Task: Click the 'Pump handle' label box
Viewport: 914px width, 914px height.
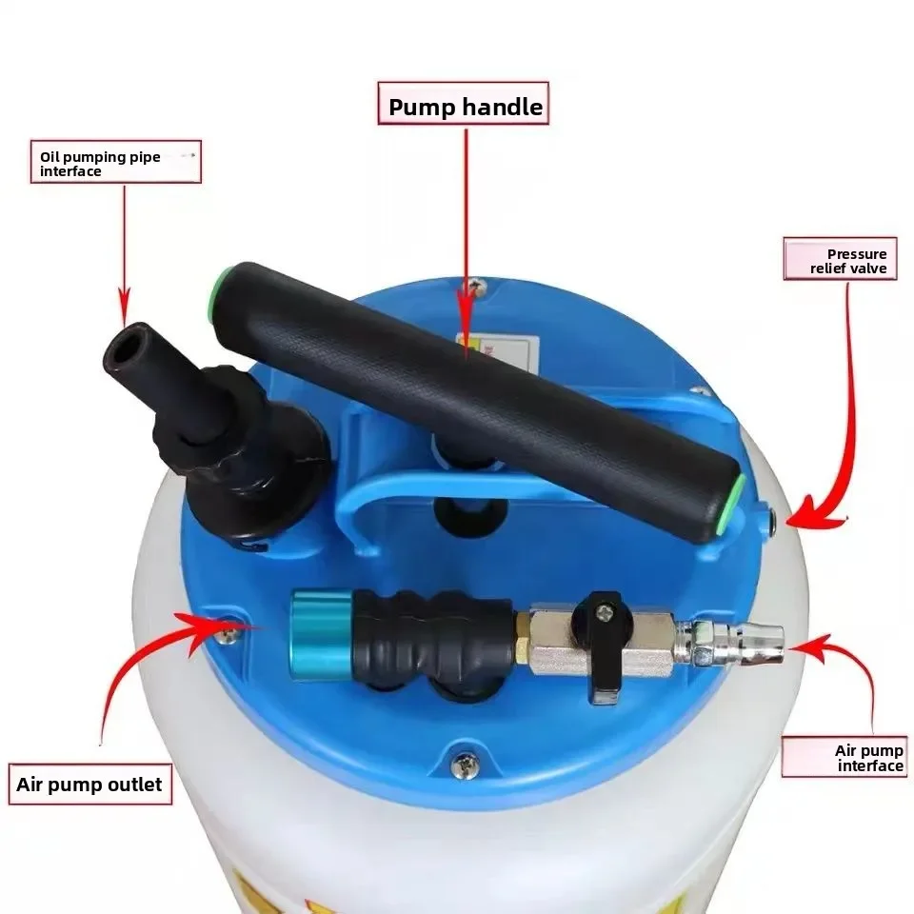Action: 465,107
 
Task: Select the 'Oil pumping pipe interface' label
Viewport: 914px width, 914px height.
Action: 115,163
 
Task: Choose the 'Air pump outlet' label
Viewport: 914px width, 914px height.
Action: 89,785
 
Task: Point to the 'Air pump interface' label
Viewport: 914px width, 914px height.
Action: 844,757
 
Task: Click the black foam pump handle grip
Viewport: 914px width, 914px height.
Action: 476,400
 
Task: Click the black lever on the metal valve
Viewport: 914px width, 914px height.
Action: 601,647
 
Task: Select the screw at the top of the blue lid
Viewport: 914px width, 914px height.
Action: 473,283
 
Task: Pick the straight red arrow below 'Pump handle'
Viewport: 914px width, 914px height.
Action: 466,238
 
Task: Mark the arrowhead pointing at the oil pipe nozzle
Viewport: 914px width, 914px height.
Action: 124,308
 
